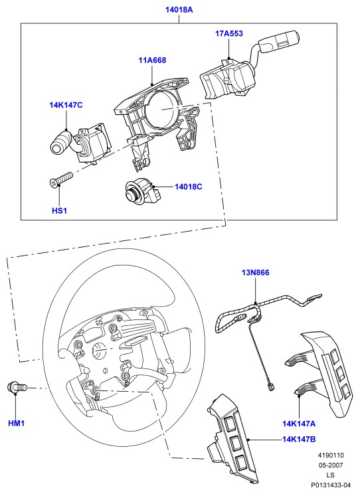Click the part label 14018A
click(x=179, y=10)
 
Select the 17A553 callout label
click(x=229, y=33)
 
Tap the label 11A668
click(x=152, y=60)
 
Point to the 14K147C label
click(x=66, y=105)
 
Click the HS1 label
click(x=59, y=210)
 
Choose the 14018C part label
click(x=189, y=187)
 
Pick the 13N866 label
click(x=256, y=272)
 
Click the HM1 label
click(x=16, y=423)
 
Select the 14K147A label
click(x=299, y=424)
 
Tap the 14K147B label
click(x=299, y=439)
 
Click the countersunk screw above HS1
click(x=61, y=179)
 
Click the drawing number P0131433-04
click(x=331, y=485)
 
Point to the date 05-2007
click(x=330, y=465)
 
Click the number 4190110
click(x=331, y=455)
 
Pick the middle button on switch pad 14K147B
click(x=236, y=443)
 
